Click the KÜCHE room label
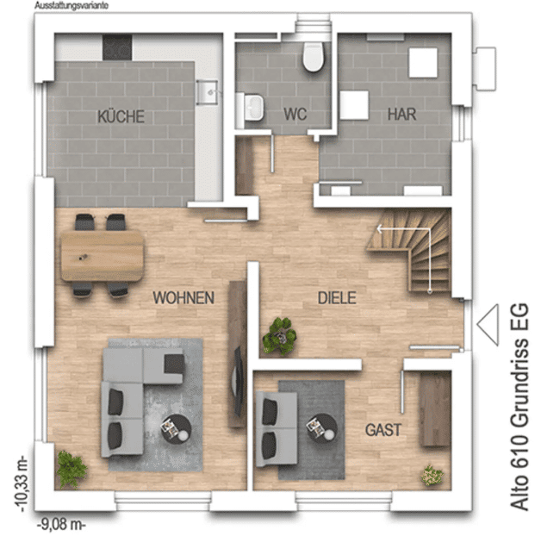point(121,116)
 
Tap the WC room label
point(295,114)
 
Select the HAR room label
point(401,114)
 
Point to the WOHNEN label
point(183,297)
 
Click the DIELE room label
point(337,298)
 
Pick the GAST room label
point(383,430)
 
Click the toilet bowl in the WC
point(314,57)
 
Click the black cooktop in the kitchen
point(117,47)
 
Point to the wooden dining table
point(103,255)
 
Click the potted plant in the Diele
point(279,337)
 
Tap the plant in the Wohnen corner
point(72,469)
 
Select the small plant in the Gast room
point(432,475)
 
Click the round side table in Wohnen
point(176,428)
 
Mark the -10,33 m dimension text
point(22,484)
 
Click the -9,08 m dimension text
point(60,525)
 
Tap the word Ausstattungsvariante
point(72,5)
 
